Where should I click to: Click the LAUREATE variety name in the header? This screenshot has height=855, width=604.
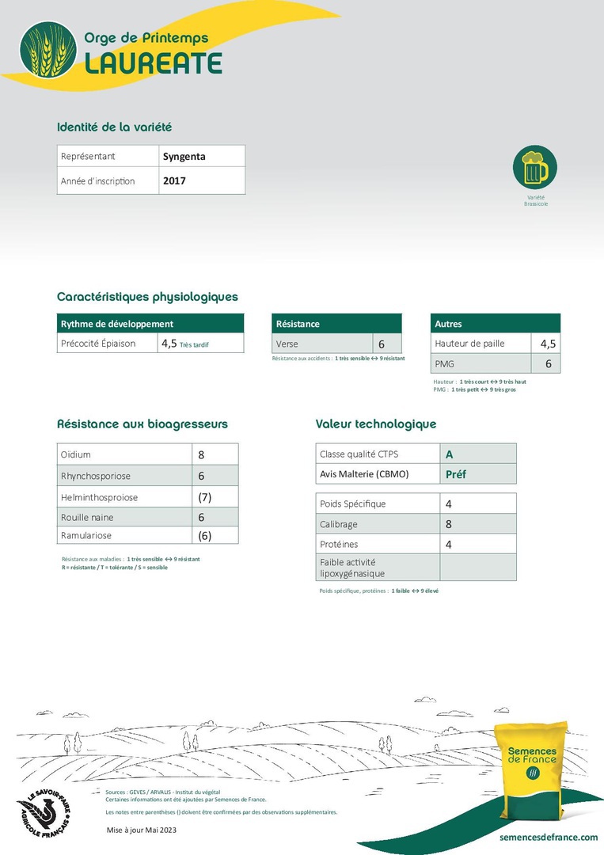pos(153,63)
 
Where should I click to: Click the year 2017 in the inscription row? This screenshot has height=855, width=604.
pos(174,181)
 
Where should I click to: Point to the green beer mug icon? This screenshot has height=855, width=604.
pos(535,167)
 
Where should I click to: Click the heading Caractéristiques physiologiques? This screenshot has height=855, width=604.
pos(147,297)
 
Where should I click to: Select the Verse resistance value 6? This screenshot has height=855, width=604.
pos(381,344)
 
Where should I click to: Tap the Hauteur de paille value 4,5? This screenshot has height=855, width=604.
pos(548,344)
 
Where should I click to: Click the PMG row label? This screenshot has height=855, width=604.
pos(444,364)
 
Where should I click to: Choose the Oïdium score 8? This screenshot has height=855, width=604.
pos(202,455)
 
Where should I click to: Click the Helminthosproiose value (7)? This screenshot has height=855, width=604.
pos(205,497)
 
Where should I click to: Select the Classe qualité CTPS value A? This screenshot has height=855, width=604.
pos(450,454)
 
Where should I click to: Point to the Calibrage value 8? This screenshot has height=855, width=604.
pos(449,524)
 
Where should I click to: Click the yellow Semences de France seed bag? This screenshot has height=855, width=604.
pos(532,768)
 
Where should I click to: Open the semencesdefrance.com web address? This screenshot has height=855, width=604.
pos(549,837)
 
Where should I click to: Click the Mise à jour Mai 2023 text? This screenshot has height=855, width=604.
pos(142,829)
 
